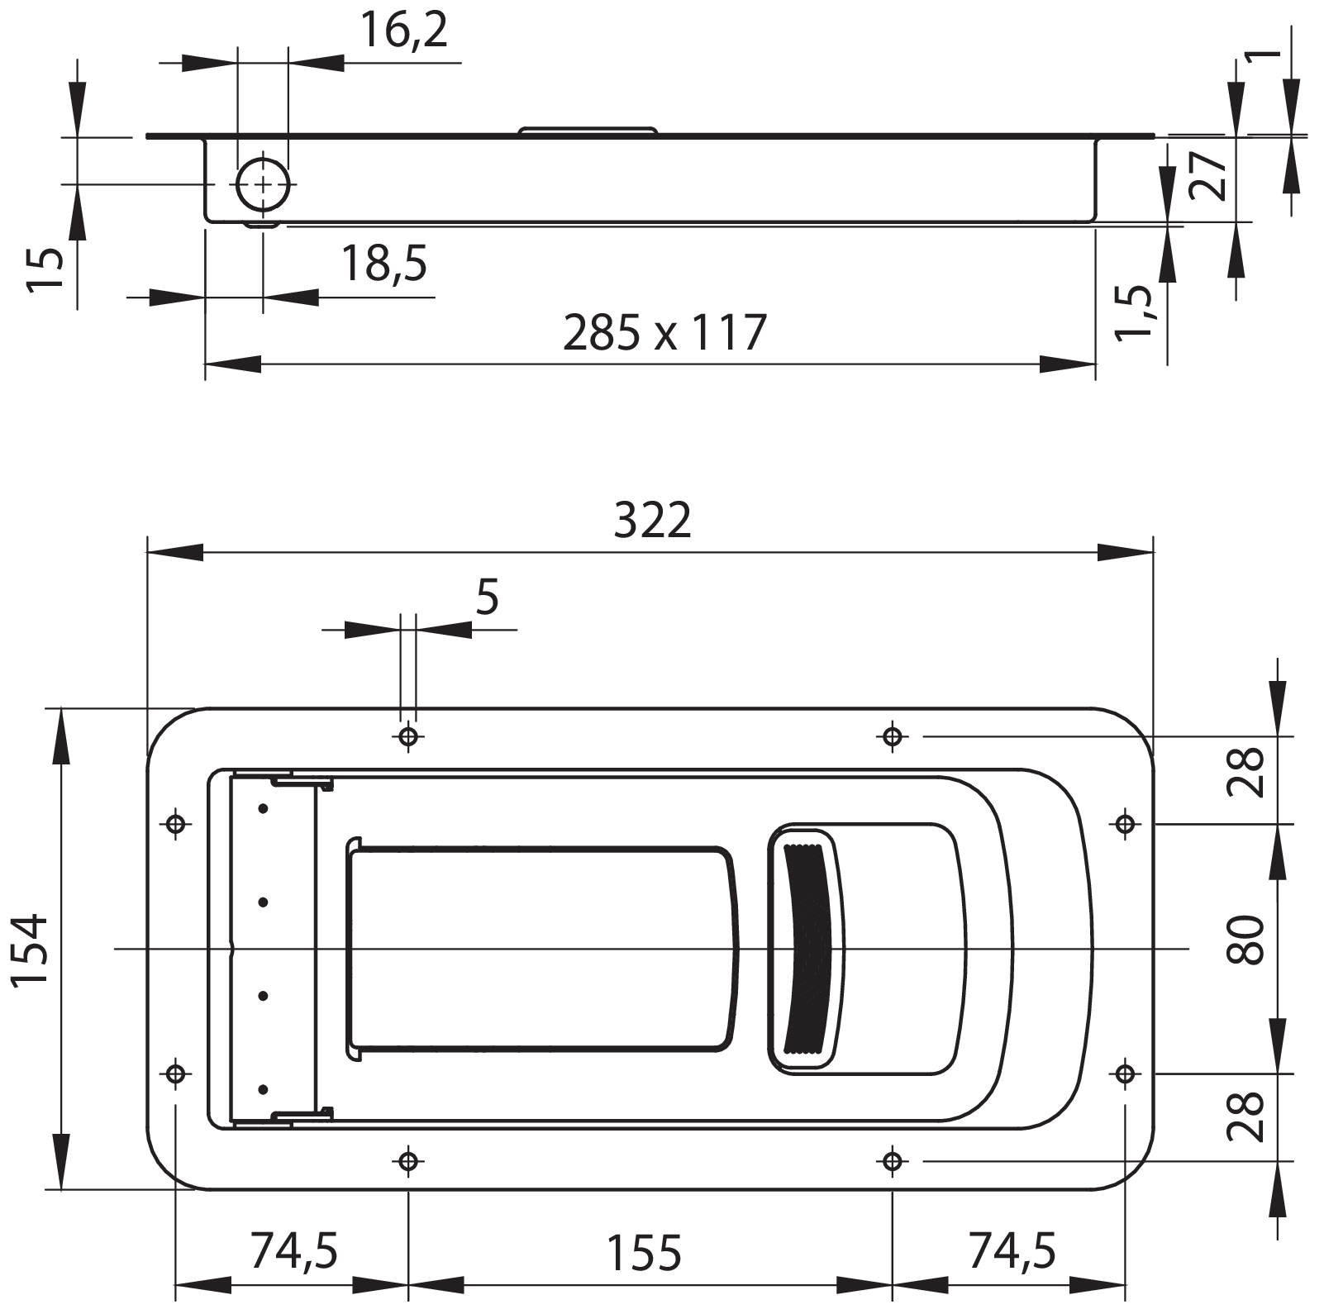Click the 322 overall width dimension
(652, 521)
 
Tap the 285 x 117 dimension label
(664, 333)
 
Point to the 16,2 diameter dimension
(404, 31)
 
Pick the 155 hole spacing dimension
(644, 1253)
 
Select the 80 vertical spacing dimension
(1246, 940)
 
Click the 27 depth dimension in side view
(1208, 175)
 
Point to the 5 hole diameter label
(488, 597)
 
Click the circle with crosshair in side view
(263, 184)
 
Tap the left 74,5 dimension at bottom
(294, 1250)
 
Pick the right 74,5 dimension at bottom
(1012, 1250)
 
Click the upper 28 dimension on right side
(1246, 771)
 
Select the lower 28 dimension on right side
(1246, 1116)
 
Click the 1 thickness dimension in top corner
(1262, 56)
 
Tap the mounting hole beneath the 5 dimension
(408, 736)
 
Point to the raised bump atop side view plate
(588, 130)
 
